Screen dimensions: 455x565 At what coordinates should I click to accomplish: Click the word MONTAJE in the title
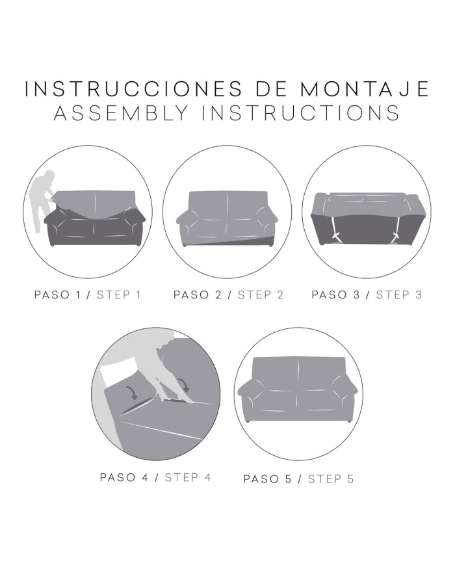(365, 89)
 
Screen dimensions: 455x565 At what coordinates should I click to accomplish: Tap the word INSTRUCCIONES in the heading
(133, 89)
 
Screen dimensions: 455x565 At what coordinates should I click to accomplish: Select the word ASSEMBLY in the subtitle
(122, 113)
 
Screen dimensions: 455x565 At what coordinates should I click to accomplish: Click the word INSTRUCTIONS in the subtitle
(300, 113)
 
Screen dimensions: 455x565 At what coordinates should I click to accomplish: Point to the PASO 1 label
(57, 295)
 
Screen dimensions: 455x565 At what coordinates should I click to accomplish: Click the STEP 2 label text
(261, 295)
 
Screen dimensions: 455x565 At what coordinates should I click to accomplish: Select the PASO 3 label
(335, 295)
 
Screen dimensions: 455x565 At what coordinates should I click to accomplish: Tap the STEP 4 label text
(188, 477)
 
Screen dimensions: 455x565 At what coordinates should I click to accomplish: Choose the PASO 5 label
(267, 479)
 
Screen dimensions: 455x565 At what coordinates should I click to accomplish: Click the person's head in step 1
(49, 176)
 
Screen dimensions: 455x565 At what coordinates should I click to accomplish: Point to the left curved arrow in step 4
(132, 393)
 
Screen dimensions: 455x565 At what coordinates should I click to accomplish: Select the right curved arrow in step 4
(184, 385)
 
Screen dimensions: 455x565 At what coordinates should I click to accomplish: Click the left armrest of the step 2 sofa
(187, 223)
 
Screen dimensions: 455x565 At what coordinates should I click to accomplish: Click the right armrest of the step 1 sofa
(133, 224)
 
